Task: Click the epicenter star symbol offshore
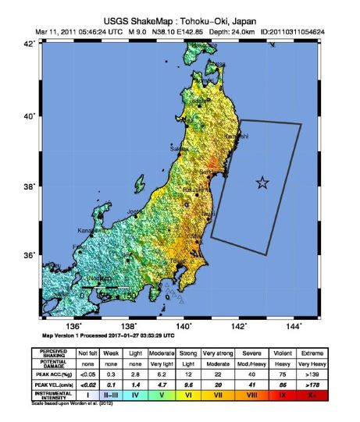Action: [262, 183]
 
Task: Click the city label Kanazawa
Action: [91, 230]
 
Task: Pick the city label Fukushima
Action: [194, 188]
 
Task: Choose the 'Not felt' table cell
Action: [98, 353]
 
